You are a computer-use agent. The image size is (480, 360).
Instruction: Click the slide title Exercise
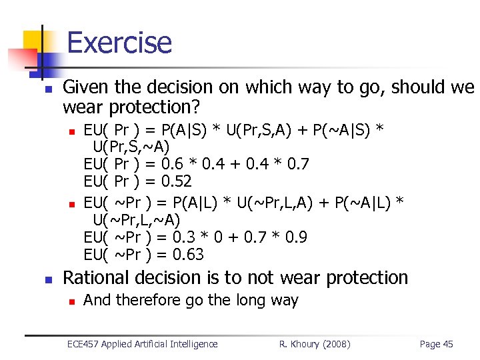(119, 42)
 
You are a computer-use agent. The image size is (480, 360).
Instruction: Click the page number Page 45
(436, 344)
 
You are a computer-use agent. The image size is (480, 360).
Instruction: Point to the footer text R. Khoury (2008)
(315, 344)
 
